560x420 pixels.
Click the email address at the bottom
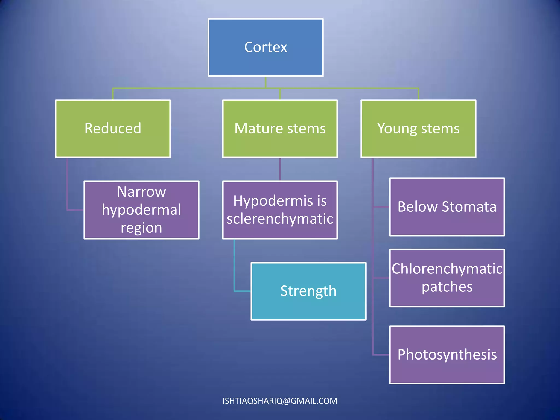point(280,401)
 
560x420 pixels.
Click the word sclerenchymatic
point(280,219)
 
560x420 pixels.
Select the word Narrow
point(141,192)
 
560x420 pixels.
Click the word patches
point(447,287)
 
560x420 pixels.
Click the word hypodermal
point(141,210)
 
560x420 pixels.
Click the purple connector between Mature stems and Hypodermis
point(280,169)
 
